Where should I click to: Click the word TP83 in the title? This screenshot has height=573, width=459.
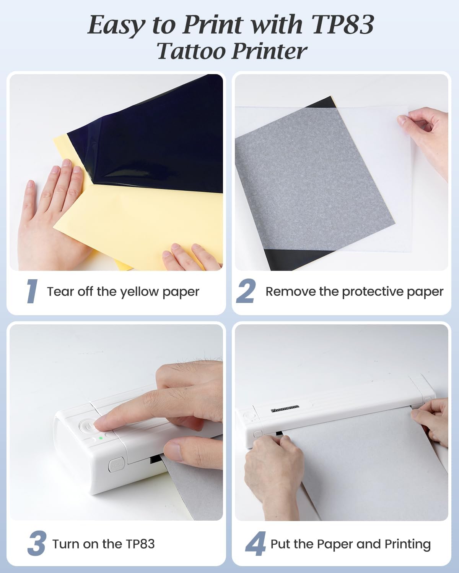tap(342, 24)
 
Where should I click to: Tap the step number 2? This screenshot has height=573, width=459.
tap(246, 291)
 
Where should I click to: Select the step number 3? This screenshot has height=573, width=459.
tap(37, 543)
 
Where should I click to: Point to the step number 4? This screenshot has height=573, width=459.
tap(256, 544)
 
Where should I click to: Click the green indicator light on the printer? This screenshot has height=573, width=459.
tap(101, 438)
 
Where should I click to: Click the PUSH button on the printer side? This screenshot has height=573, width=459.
tap(116, 465)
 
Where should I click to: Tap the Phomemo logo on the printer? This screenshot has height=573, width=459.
tap(285, 409)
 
